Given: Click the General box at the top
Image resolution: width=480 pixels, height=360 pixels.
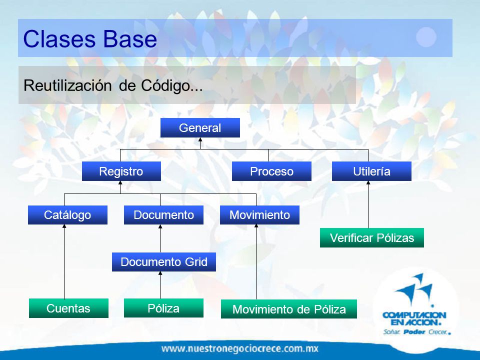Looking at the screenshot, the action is coord(200,127).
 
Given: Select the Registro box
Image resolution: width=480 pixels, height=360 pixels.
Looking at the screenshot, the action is coord(121,171).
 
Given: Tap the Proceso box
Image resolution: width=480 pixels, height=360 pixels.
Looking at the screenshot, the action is coord(271,171).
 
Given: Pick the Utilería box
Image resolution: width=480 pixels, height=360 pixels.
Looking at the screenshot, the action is coord(371,171).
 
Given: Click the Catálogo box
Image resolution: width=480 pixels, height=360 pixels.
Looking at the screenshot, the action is coord(67,215).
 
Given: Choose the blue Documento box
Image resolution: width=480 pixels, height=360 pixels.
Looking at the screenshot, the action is coord(164,215).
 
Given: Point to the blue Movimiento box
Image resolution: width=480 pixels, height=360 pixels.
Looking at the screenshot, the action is coord(259,215).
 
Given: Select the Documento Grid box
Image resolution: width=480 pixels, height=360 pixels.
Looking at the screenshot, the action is coord(164,262).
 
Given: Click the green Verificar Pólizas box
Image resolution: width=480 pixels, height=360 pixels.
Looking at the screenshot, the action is coord(372,238).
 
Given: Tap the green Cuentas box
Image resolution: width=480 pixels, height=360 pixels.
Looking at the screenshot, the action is coord(68,308).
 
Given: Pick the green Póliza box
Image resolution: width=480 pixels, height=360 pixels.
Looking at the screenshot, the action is coord(163,308).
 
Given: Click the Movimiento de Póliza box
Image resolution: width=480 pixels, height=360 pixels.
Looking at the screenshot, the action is coord(289,309).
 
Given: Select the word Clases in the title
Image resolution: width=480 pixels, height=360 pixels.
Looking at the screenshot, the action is coord(59,39).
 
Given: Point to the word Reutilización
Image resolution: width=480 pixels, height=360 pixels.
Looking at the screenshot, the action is coord(67,85).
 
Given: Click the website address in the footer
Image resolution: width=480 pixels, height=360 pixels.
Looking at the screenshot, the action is coord(240,348).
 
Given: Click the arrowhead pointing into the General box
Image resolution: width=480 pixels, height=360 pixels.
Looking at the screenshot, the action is coord(200,139).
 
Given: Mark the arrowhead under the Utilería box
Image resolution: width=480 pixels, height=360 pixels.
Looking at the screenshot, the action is coord(368,183).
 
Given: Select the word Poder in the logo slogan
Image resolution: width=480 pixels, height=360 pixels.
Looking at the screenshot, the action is coord(414,332).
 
